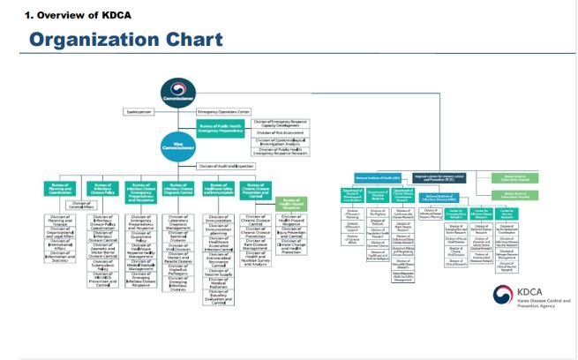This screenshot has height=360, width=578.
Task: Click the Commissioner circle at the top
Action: coord(177,93)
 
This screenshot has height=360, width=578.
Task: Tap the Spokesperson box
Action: coord(144,112)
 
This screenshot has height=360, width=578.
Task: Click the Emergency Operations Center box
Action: coord(224,112)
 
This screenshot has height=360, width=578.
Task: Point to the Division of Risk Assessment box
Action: coord(281,131)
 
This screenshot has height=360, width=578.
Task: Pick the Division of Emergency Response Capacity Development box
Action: coord(281,121)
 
